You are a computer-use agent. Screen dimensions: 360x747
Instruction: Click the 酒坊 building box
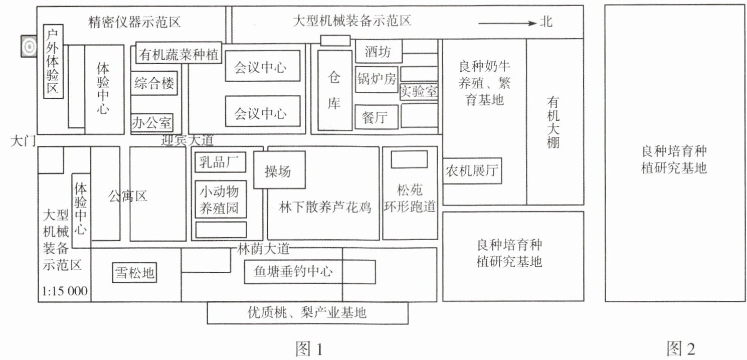378,52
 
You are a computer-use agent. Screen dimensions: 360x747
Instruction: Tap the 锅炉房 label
377,79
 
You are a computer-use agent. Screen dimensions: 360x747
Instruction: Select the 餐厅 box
376,117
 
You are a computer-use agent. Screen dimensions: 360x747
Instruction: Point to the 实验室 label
419,91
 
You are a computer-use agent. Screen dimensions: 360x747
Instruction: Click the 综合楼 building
154,84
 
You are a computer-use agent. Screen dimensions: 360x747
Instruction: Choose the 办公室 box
151,122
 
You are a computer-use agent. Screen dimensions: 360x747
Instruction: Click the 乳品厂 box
220,162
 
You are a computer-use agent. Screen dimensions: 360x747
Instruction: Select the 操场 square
278,171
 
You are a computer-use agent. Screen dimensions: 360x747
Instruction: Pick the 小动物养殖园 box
221,199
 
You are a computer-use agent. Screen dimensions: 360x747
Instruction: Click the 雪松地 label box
134,273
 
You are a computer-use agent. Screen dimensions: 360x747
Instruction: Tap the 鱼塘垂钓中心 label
293,271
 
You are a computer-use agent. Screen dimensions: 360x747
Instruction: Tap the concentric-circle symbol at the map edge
29,46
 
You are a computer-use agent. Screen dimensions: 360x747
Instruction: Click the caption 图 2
681,348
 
